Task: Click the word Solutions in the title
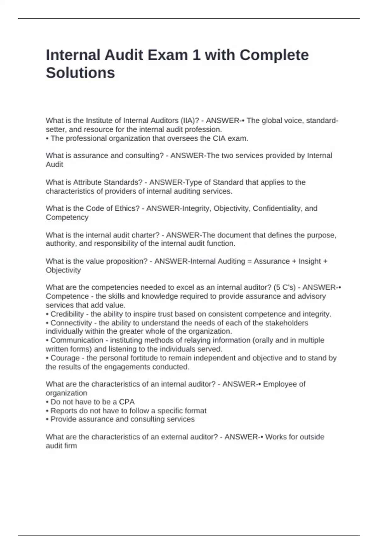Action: (80, 73)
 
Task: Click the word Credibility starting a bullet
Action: (67, 314)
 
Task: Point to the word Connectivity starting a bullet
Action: (71, 323)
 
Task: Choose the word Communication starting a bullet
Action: (77, 340)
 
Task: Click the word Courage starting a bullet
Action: (65, 358)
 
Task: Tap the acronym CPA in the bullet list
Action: (127, 402)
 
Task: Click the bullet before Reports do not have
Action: (47, 411)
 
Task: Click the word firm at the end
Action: (70, 446)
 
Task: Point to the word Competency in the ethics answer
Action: (67, 217)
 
